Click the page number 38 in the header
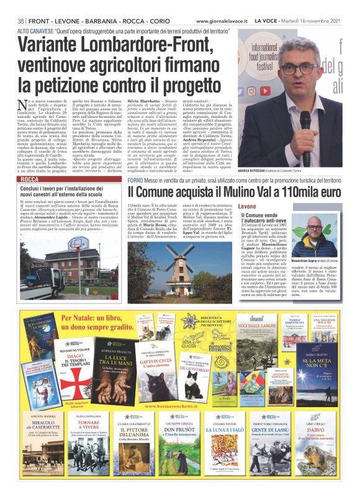(x=20, y=20)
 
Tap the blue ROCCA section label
(x=30, y=179)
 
